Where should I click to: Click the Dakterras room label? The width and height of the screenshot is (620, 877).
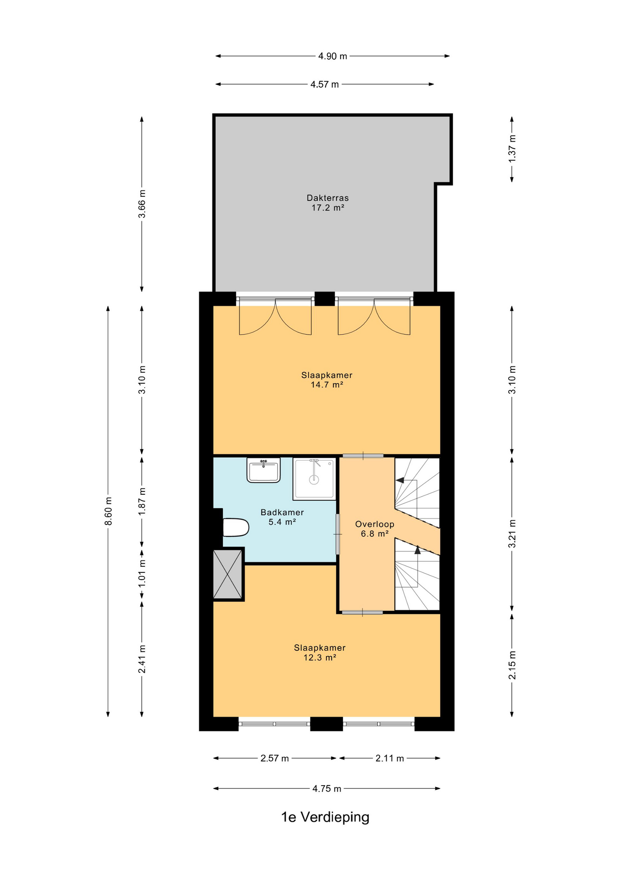327,198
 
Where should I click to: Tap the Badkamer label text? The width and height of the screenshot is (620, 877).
282,512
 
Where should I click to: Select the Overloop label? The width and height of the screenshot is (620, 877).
374,524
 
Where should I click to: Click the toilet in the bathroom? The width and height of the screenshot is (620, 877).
236,527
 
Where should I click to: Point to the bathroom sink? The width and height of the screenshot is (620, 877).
263,470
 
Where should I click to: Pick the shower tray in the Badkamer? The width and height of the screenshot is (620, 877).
315,479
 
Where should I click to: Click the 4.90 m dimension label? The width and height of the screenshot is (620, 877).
332,56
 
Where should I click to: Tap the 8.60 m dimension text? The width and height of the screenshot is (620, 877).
108,511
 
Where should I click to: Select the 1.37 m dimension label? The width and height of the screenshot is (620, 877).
512,148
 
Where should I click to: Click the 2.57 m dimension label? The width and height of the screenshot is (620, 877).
274,758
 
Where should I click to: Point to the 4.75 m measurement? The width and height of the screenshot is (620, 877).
327,788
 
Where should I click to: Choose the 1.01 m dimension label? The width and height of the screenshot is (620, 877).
142,574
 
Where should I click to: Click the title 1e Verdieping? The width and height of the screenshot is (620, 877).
325,817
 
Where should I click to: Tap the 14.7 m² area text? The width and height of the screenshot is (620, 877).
327,385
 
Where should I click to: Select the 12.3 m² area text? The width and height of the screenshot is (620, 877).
320,657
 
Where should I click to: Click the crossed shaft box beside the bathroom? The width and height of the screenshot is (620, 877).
228,574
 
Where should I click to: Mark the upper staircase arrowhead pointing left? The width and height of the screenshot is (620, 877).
399,480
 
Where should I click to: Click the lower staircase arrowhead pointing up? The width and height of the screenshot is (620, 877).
417,549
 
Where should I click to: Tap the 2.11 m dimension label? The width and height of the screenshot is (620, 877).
389,758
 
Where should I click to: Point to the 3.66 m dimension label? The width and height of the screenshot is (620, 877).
142,203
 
